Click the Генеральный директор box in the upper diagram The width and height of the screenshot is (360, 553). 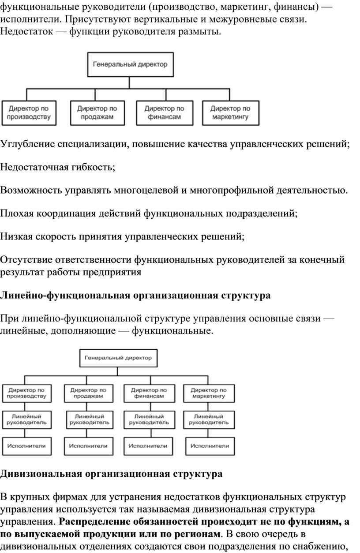click(131, 64)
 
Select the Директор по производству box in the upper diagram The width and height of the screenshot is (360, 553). click(29, 113)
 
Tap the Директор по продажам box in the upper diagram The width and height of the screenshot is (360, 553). click(97, 113)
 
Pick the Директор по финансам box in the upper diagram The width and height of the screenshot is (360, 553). click(165, 113)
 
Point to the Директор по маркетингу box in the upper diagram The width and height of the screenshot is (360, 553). click(231, 113)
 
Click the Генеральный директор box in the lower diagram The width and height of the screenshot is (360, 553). click(118, 358)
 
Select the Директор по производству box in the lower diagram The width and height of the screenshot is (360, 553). click(26, 393)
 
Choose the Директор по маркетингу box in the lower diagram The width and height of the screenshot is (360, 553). click(209, 393)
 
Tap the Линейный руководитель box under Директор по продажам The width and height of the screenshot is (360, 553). click(90, 420)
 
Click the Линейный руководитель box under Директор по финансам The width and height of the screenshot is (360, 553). click(150, 420)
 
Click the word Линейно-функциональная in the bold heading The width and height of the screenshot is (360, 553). click(65, 295)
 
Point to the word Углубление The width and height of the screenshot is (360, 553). click(27, 144)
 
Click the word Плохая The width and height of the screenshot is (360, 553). click(17, 213)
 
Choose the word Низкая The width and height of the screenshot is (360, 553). click(16, 236)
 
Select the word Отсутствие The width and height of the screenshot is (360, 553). click(26, 260)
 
